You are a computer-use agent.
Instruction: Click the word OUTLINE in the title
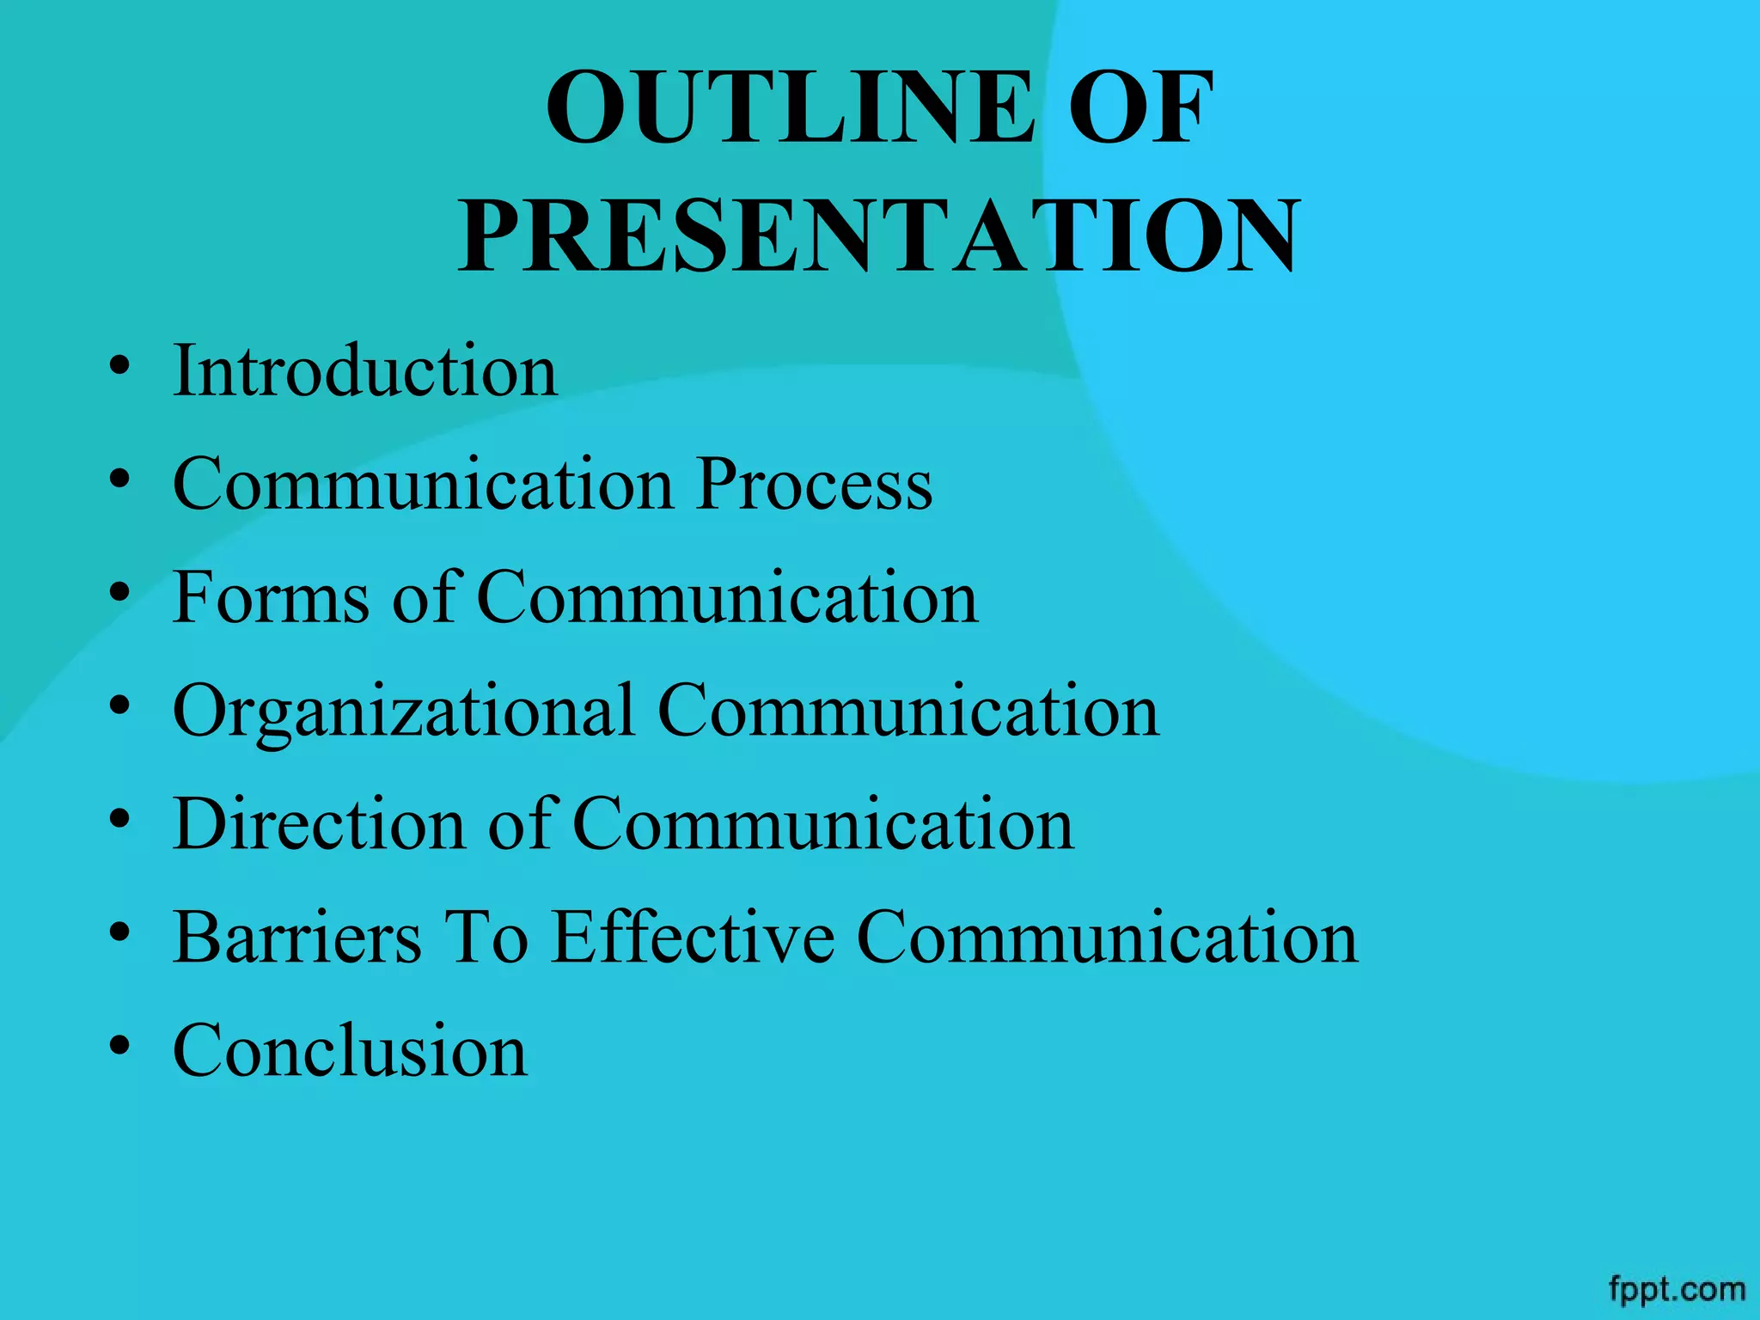[x=791, y=108]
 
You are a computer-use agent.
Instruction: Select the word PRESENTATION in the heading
[x=879, y=235]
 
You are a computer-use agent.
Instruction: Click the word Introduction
[x=365, y=370]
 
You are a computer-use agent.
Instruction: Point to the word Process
[x=814, y=485]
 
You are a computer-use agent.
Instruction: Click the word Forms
[x=272, y=597]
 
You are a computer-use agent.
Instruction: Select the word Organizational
[x=404, y=712]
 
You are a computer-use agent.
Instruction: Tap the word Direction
[x=319, y=824]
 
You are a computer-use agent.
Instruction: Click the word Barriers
[x=297, y=937]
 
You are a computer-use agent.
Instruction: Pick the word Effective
[x=693, y=937]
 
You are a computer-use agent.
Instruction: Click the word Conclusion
[x=350, y=1050]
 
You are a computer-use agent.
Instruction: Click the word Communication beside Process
[x=423, y=485]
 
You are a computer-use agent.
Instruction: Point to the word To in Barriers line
[x=485, y=937]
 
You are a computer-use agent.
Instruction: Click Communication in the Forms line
[x=727, y=597]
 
